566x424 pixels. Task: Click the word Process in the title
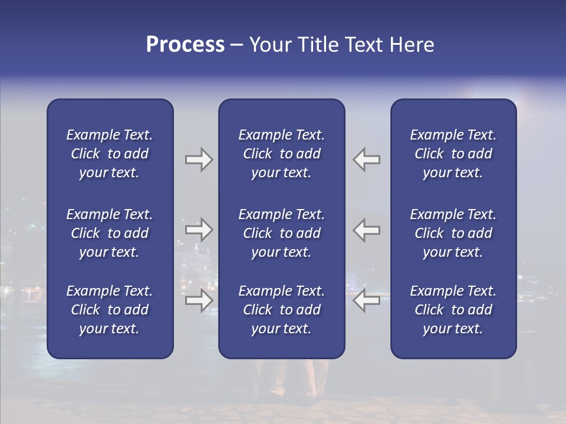[185, 45]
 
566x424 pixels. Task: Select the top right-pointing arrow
[199, 160]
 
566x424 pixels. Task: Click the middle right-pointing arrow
[199, 230]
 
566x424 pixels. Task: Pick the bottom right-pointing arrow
[199, 300]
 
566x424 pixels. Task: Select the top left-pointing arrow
[367, 160]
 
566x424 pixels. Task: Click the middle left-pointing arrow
[367, 230]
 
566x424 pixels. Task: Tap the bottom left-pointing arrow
[367, 300]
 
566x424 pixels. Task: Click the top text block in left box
[110, 154]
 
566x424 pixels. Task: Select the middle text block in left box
[110, 233]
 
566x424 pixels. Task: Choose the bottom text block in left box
[110, 310]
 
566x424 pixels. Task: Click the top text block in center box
[282, 154]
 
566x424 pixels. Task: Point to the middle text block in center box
[282, 233]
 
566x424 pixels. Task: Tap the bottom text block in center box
[282, 310]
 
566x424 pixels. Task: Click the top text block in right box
[453, 154]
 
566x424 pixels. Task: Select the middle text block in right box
[453, 233]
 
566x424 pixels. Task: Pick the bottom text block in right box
[453, 310]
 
